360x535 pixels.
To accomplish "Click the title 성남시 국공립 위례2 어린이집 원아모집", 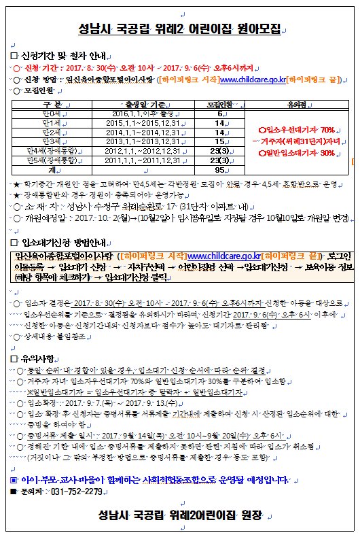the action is click(x=179, y=30).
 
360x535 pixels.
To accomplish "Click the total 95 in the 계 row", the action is click(x=219, y=171).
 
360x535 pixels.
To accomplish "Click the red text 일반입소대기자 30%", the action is click(x=298, y=154).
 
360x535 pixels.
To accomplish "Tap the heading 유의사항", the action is click(x=41, y=358).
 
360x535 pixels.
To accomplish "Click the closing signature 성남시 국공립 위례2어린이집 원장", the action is click(x=179, y=515).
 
